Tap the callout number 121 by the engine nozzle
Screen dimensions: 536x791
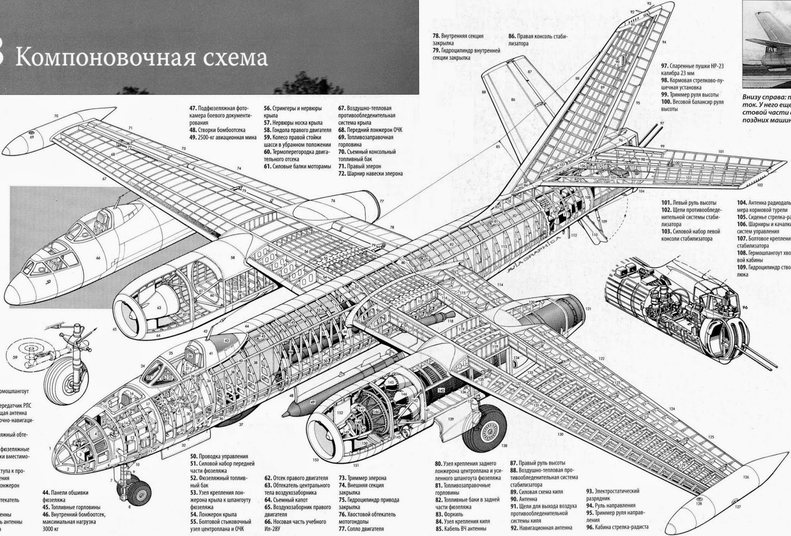588,308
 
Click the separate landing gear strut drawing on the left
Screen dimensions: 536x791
69,366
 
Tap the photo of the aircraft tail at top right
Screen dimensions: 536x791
766,45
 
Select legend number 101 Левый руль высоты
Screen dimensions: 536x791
665,203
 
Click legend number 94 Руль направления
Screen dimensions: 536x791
590,506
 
